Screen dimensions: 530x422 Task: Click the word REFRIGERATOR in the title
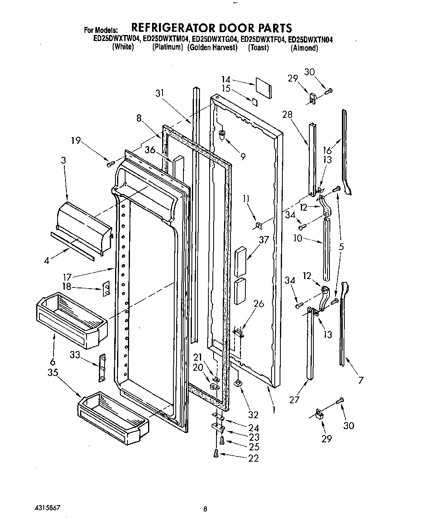tap(174, 28)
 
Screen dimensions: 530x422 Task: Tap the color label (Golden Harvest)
tap(212, 47)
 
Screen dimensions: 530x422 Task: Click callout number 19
tap(76, 141)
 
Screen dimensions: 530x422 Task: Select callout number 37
tap(263, 240)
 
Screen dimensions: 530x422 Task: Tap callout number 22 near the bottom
tap(253, 458)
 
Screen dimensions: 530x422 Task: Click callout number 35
tap(53, 372)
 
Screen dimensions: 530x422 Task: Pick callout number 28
tap(287, 114)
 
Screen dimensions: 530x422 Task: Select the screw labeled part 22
tap(216, 453)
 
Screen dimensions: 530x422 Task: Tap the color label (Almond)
tap(305, 48)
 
